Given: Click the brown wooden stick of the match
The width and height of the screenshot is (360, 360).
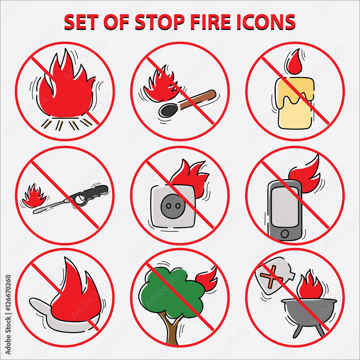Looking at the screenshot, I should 200,100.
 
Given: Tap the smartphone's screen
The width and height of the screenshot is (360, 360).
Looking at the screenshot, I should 284,207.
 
